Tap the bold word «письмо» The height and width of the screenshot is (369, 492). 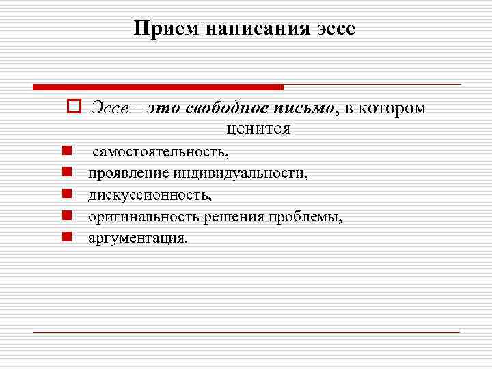(304, 108)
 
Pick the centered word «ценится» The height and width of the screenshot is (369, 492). (258, 128)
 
